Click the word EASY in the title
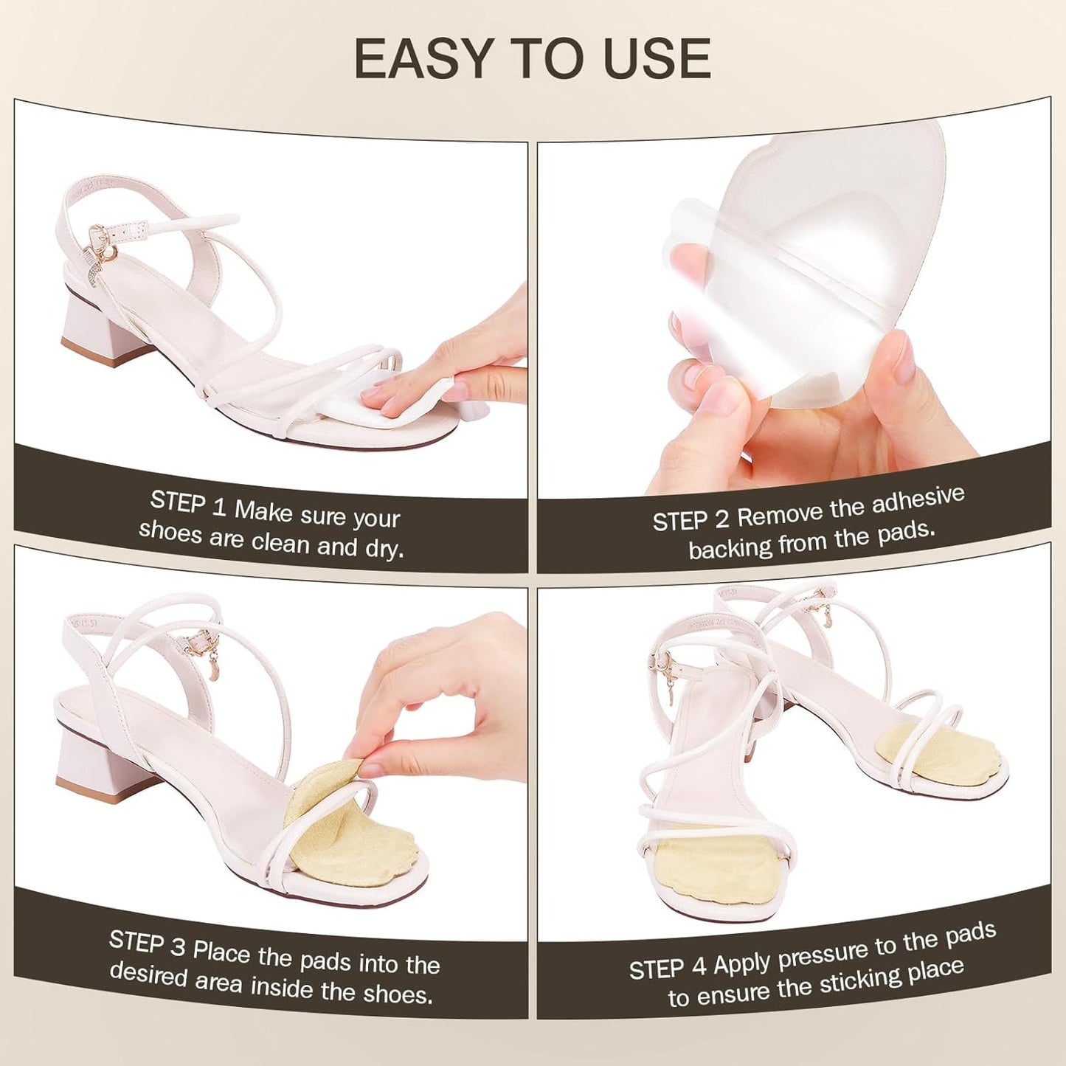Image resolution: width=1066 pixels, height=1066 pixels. [x=423, y=58]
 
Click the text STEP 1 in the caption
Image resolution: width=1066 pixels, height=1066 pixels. [x=188, y=503]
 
